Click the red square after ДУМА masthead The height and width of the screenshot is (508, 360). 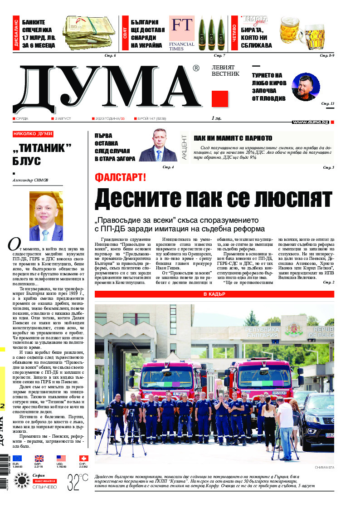pos(219,98)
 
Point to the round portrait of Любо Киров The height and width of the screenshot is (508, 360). pos(306,87)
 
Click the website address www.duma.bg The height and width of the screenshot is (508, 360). pos(311,122)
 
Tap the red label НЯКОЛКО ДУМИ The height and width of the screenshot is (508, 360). pos(33,134)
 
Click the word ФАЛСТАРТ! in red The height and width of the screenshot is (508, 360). pos(120,177)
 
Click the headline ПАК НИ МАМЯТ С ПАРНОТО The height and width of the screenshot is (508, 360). pos(233,138)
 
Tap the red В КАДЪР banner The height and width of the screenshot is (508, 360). pos(214,282)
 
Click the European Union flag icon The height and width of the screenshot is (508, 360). pos(17,458)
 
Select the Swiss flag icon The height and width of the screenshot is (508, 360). pos(83,458)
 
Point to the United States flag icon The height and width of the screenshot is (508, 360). pos(61,458)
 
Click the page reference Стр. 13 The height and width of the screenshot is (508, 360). pos(327,104)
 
